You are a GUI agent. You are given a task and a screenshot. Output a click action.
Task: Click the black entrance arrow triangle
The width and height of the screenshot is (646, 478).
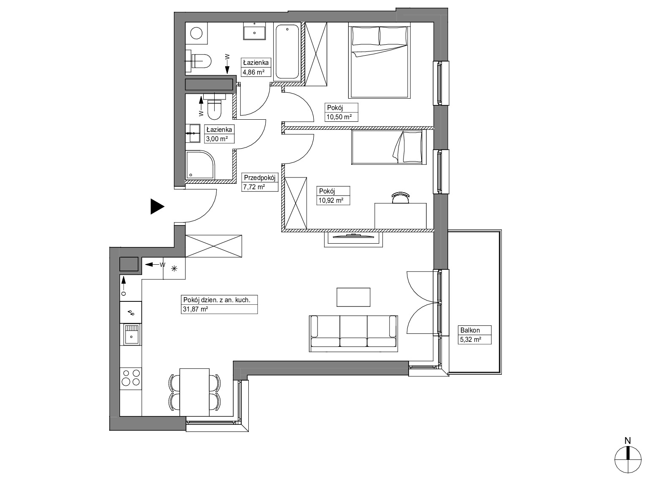tap(157, 207)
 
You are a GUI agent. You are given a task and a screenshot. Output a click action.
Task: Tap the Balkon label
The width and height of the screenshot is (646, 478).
tap(470, 330)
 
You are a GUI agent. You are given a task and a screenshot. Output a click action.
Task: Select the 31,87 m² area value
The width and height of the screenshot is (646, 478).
tap(195, 309)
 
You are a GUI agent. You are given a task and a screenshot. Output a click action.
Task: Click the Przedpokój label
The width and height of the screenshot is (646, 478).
tap(259, 177)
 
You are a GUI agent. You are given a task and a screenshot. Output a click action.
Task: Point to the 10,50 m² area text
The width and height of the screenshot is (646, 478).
tap(339, 117)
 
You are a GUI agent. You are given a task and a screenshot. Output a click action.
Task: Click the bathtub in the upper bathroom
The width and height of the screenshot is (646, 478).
tap(287, 52)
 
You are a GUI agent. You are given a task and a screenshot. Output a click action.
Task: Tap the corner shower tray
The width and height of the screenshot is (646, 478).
tap(200, 164)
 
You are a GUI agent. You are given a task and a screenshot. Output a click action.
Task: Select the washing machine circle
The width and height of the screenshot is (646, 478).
tap(196, 33)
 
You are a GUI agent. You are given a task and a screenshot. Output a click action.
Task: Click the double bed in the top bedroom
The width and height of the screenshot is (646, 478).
tap(379, 62)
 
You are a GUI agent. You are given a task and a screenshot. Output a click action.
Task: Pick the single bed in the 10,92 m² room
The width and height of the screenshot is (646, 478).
tap(388, 147)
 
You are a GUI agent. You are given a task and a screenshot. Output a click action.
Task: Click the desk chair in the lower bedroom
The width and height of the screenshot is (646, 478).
tap(401, 198)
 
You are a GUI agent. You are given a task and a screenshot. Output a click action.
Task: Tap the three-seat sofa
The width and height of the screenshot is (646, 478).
tap(353, 333)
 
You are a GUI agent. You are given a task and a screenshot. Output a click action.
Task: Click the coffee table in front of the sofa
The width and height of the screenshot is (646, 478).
tap(353, 297)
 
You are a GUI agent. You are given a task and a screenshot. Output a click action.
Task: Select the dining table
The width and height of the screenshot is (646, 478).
tap(194, 392)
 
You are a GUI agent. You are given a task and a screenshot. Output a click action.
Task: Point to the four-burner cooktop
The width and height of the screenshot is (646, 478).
tap(130, 378)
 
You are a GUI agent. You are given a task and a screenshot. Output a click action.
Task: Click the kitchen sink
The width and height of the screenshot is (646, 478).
tap(132, 334)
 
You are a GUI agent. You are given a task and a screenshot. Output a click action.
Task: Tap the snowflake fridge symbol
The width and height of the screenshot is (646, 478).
tap(174, 268)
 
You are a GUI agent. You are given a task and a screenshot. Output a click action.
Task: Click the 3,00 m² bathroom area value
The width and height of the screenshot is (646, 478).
tap(217, 139)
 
